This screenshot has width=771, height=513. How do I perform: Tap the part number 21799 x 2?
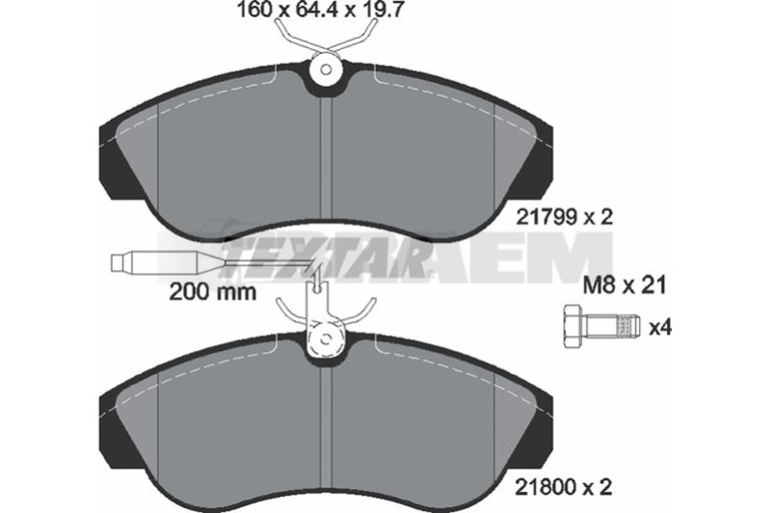(x=565, y=216)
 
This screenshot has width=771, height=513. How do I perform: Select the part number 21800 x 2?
(x=564, y=487)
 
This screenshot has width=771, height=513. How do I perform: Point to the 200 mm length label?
(x=212, y=292)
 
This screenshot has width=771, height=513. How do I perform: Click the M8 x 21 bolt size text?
(x=625, y=284)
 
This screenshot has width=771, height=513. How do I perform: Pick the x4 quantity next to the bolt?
(x=660, y=327)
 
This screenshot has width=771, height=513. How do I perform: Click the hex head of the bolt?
(x=574, y=326)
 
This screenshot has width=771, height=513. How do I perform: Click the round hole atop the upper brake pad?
(x=325, y=69)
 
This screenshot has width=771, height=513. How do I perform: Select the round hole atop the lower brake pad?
(x=325, y=339)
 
